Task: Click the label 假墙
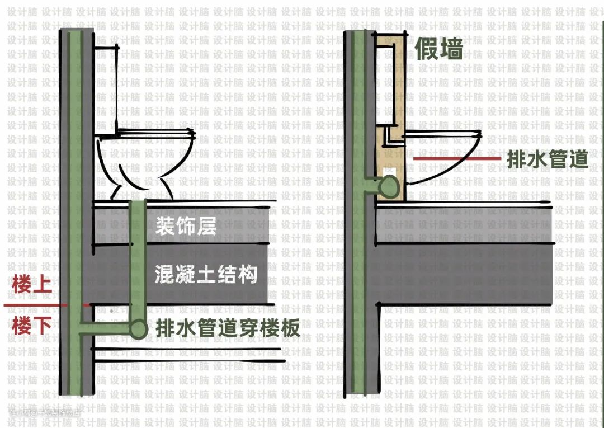click(x=439, y=49)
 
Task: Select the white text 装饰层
click(x=185, y=227)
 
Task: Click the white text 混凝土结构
click(x=206, y=275)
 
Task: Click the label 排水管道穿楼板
click(x=228, y=328)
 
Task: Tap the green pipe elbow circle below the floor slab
click(x=138, y=329)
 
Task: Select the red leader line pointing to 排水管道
click(x=456, y=159)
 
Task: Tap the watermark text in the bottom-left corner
click(x=45, y=415)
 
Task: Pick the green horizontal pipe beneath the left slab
click(x=106, y=324)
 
